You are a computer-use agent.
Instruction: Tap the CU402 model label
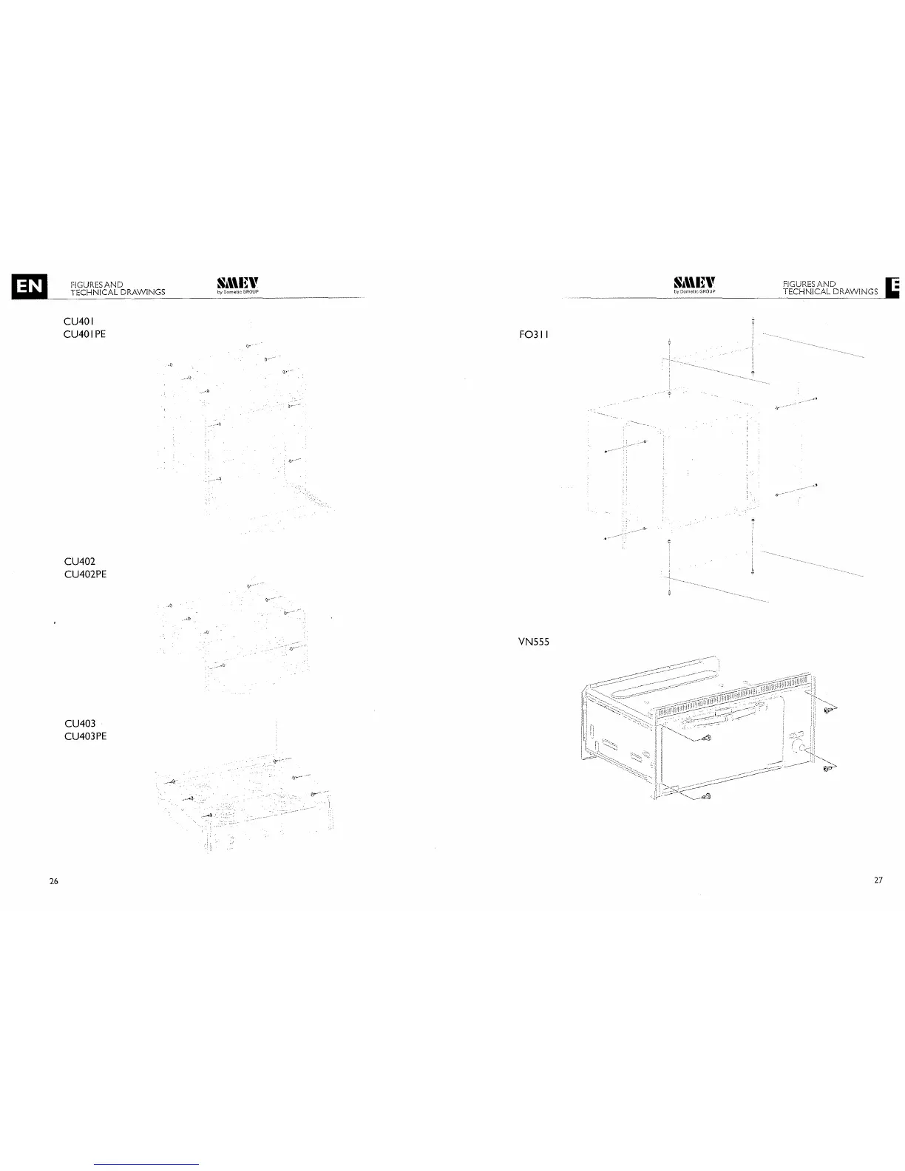[80, 562]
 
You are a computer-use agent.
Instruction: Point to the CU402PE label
[85, 574]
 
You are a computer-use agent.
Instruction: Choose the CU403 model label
[80, 723]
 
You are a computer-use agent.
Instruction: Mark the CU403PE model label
[85, 736]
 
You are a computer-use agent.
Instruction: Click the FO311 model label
[535, 334]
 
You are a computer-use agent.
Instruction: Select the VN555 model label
[535, 642]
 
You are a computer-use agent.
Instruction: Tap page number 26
[53, 880]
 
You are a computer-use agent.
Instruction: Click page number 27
[878, 880]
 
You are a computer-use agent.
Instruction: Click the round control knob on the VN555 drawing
[799, 749]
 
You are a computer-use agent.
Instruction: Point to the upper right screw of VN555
[829, 710]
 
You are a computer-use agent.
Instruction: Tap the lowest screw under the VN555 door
[705, 796]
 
